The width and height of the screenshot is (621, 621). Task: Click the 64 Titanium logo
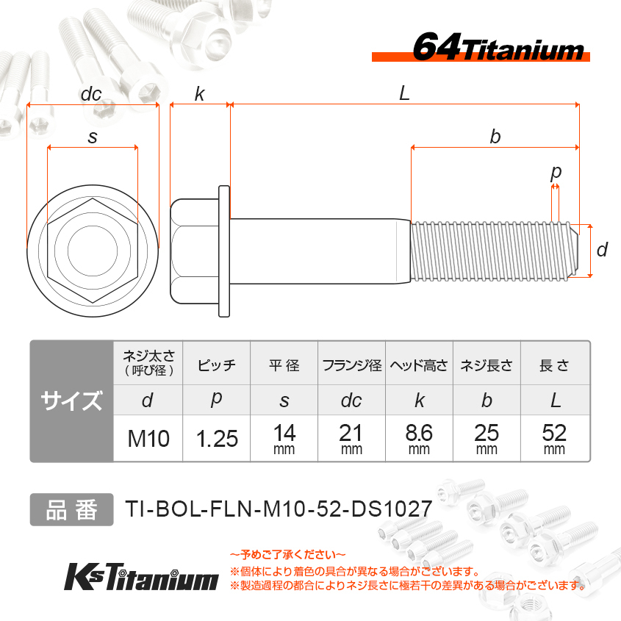pos(481,48)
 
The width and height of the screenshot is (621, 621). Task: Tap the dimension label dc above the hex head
pos(91,94)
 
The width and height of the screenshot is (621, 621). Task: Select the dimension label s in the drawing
pos(93,137)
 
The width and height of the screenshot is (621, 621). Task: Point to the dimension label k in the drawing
pos(200,94)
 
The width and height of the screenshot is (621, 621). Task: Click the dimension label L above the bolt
pos(404,94)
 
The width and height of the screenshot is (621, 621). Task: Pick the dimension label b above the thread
pos(495,137)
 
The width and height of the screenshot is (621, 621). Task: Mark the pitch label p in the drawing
pos(556,173)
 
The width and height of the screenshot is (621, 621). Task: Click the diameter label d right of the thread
pos(602,250)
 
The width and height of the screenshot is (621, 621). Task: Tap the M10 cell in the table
pos(148,439)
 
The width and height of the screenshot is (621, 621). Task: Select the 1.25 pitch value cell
pos(217,439)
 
